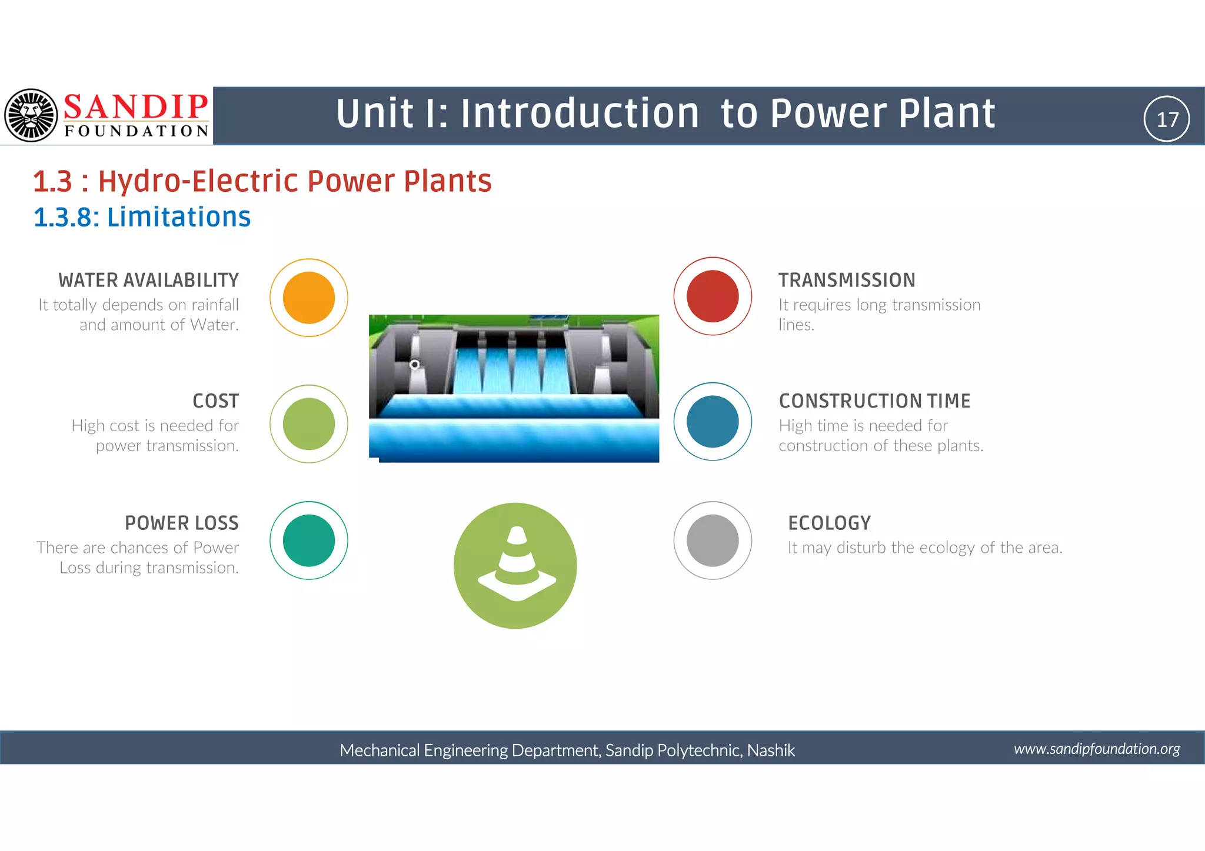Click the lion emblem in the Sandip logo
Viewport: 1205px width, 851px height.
tap(31, 115)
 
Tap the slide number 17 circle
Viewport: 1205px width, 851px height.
tap(1167, 119)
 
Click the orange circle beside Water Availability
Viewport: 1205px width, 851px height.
tap(309, 298)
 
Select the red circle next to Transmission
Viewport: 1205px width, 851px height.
tap(713, 296)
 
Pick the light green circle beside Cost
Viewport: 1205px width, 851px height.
tap(309, 424)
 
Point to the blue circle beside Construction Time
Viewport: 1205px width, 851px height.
tap(713, 422)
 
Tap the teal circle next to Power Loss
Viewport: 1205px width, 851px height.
tap(309, 540)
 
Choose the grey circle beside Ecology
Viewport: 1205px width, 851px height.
tap(713, 540)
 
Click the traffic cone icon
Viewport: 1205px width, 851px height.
tap(516, 565)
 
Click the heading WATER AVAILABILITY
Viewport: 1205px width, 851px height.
tap(149, 281)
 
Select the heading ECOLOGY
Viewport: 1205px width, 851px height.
tap(829, 523)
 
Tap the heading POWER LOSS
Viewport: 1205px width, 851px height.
tap(181, 523)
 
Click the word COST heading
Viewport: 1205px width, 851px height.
tap(215, 401)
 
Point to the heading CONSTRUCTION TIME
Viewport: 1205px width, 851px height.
tap(874, 401)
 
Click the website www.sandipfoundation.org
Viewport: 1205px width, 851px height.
tap(1097, 749)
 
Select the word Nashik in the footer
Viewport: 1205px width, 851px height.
tap(771, 750)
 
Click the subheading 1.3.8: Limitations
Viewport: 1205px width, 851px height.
tap(142, 217)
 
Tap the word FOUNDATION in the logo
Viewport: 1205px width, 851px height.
tap(137, 131)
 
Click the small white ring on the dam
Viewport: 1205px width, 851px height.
tap(415, 365)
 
